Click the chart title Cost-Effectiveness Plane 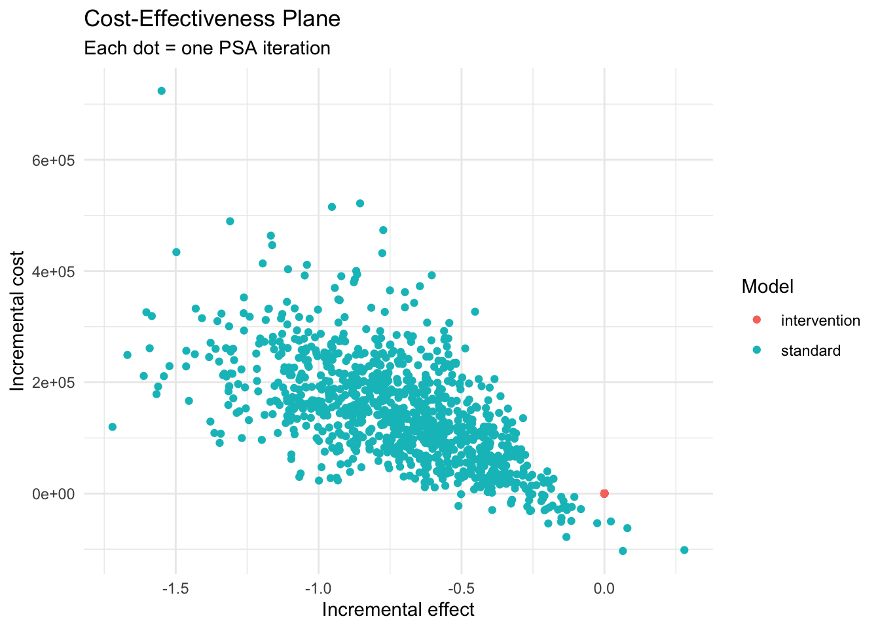(212, 19)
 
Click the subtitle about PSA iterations (207, 48)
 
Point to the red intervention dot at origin (604, 493)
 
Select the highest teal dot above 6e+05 (161, 91)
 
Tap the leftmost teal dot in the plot (113, 427)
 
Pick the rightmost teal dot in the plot (684, 550)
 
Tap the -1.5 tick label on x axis (175, 588)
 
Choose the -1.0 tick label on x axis (318, 588)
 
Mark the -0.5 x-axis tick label (461, 588)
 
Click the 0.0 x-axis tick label (604, 588)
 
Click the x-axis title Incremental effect (398, 610)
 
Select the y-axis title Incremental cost (18, 321)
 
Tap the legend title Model (767, 286)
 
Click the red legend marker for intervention (757, 320)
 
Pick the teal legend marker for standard (757, 351)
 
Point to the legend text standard (811, 351)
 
